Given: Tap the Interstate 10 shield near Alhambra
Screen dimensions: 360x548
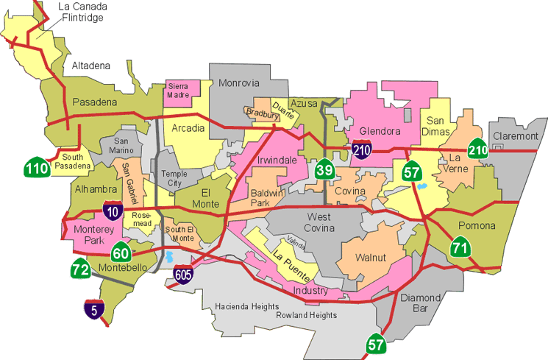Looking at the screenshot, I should [113, 211].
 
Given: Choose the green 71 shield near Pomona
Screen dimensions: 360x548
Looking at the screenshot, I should [461, 247].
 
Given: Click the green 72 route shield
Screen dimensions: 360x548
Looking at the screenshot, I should [81, 269].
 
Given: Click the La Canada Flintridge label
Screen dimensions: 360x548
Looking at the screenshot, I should [83, 13].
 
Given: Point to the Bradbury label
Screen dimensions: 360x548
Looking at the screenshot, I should [262, 113].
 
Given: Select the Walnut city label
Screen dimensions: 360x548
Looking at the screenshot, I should [370, 258].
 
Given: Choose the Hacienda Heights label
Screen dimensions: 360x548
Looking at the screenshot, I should [246, 306].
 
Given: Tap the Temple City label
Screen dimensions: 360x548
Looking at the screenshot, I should [174, 178].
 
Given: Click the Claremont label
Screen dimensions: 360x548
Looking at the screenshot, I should [516, 136].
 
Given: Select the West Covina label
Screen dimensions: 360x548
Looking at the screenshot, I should [320, 222].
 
